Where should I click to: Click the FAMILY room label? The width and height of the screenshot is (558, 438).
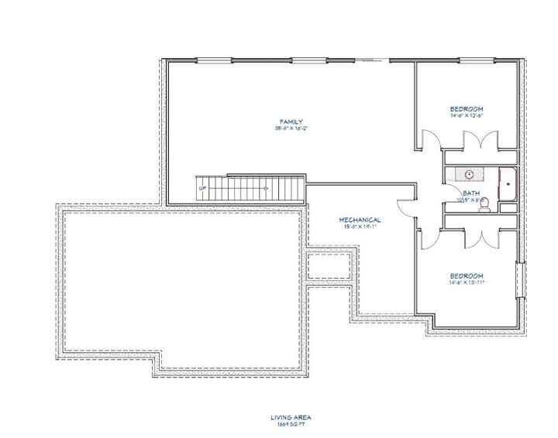point(291,121)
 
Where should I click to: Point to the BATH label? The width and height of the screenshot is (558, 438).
point(470,193)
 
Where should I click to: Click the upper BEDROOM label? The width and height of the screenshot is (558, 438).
point(467,108)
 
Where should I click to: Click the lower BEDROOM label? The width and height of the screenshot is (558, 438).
point(467,276)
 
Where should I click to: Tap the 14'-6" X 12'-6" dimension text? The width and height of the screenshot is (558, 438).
point(467,115)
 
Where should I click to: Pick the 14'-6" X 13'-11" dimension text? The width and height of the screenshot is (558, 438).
point(467,283)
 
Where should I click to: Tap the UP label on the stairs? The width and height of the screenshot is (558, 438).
point(202,188)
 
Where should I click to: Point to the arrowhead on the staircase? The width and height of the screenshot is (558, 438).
point(267,188)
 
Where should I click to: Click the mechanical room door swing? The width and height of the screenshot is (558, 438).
point(405,206)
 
